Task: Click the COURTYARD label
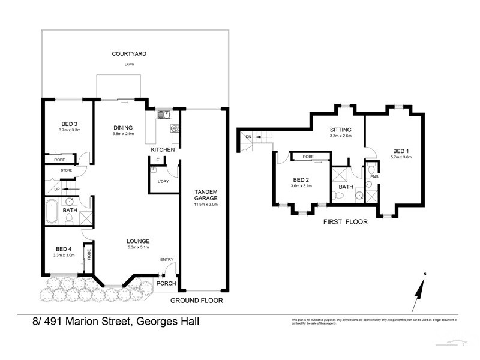(x=129, y=54)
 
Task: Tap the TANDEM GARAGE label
(x=205, y=194)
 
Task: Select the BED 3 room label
(x=69, y=123)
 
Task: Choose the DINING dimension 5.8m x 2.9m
(x=127, y=134)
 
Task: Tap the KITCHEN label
(x=163, y=149)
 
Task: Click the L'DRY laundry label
(x=163, y=182)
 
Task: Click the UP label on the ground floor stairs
(x=57, y=189)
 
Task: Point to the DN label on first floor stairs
(x=248, y=137)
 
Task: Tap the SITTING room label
(x=340, y=130)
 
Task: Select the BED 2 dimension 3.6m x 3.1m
(x=301, y=186)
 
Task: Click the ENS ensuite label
(x=374, y=177)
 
